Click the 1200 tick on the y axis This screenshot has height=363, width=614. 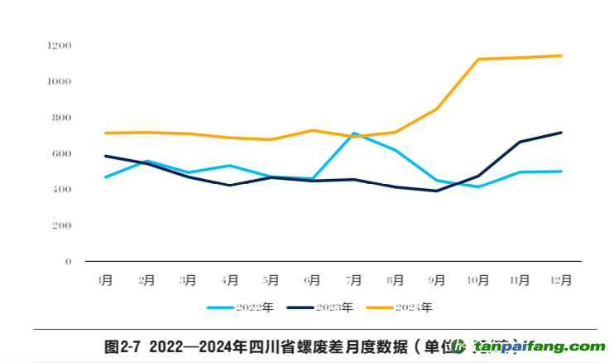(60, 45)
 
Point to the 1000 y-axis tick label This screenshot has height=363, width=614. (60, 81)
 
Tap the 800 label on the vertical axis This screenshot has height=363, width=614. (63, 118)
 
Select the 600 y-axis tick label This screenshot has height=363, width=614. (63, 153)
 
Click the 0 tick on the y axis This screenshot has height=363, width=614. (68, 262)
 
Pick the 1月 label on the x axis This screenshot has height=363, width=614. (105, 280)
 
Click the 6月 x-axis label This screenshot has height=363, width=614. (313, 280)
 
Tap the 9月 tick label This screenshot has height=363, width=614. (437, 280)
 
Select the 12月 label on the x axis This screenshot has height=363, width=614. (561, 280)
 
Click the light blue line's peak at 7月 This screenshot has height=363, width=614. (354, 133)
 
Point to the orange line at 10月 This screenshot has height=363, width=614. (478, 60)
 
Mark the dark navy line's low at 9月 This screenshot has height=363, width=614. (437, 191)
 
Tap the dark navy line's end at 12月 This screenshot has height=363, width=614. (561, 133)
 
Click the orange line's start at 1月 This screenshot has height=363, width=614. (105, 133)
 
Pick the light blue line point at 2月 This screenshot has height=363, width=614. (146, 161)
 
